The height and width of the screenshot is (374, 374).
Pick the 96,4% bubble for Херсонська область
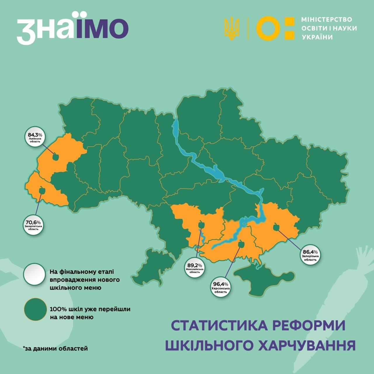[221, 287]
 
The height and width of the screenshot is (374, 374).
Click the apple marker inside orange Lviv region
[56, 157]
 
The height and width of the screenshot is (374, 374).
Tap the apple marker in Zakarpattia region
[42, 191]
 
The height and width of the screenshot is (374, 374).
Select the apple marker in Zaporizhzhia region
[276, 227]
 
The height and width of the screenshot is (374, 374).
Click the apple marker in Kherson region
[242, 244]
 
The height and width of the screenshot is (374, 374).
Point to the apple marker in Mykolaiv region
[201, 225]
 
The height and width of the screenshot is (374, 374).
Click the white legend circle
[35, 274]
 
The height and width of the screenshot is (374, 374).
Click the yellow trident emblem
[231, 29]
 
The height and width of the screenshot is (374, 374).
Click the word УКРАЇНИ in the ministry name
[317, 37]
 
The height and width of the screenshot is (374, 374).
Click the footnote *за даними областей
[56, 348]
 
